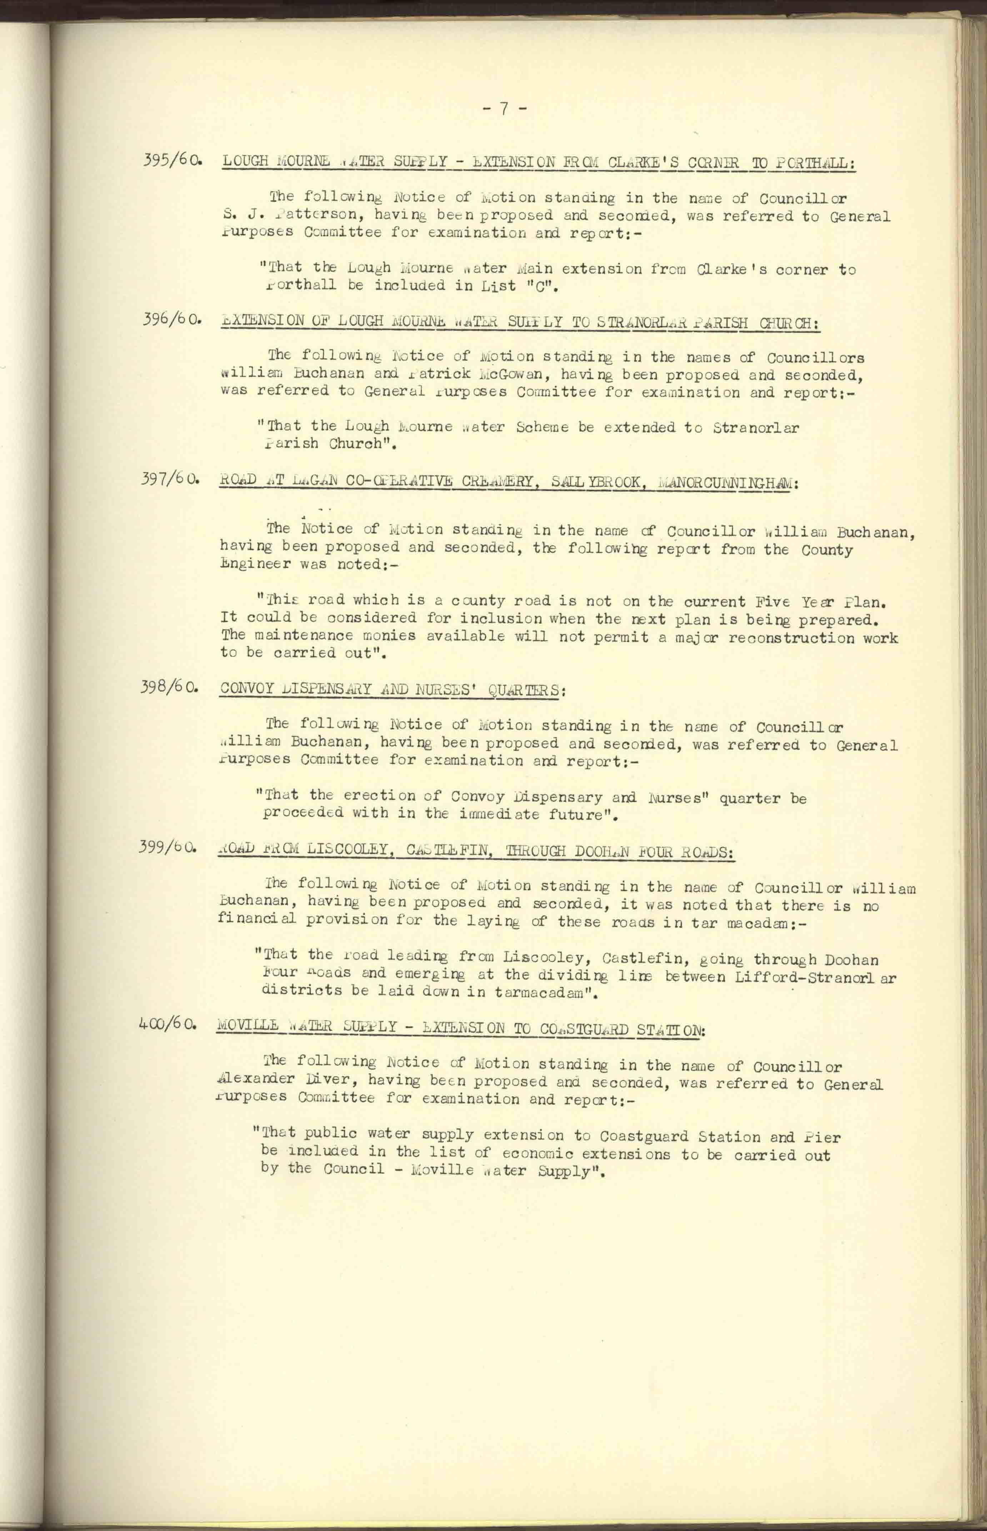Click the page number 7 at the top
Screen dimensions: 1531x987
pyautogui.click(x=505, y=110)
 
